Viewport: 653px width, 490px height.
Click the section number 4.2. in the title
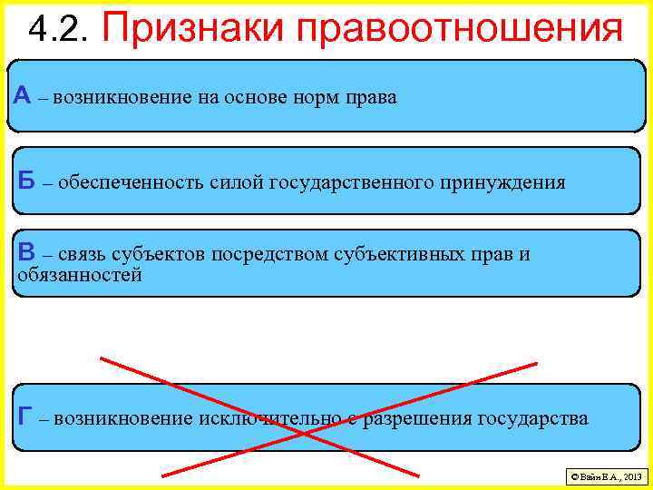(60, 29)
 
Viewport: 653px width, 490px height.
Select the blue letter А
(23, 95)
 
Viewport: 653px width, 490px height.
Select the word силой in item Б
(236, 182)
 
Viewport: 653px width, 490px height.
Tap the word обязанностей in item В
(80, 275)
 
